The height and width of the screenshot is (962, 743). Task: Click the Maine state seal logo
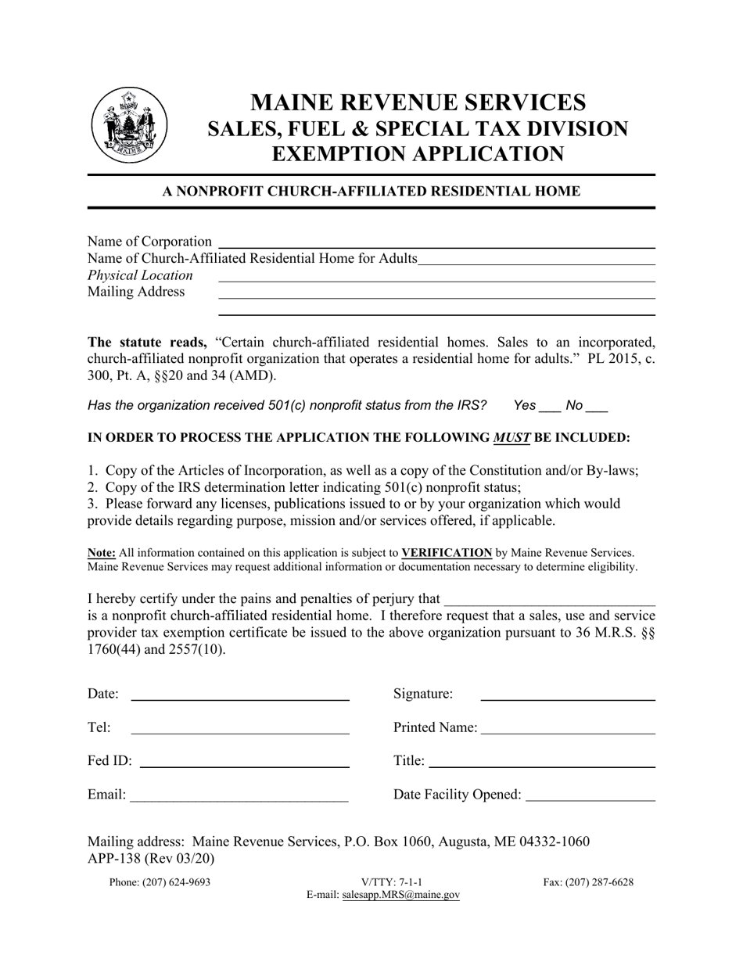coord(130,125)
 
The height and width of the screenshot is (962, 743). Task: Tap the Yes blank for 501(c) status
coord(550,409)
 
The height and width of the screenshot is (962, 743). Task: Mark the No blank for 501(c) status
coord(597,409)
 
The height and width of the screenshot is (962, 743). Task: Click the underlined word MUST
coord(511,438)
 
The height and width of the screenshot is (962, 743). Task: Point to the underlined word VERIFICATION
coord(447,553)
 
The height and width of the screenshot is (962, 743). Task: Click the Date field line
coord(239,698)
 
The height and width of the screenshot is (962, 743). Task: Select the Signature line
coord(567,698)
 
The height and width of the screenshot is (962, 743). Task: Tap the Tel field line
coord(239,732)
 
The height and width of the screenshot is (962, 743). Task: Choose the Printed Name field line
coord(568,732)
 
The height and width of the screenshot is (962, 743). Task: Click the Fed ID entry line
coord(244,766)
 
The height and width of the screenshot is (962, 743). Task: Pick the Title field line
coord(542,766)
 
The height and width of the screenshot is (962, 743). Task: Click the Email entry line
coord(239,799)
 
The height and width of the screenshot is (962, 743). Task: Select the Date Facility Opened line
coord(591,799)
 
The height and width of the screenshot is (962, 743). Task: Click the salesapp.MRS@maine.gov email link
coord(401,896)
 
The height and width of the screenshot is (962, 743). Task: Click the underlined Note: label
coord(102,553)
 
